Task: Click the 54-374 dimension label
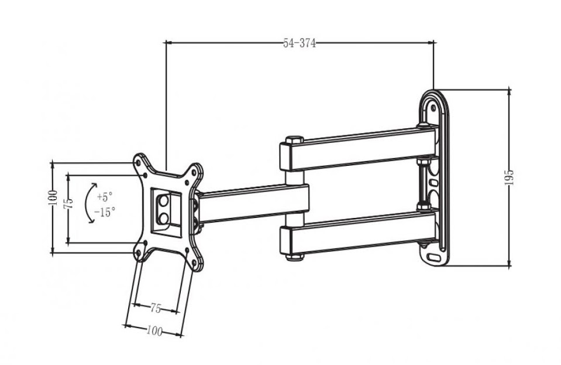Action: [x=300, y=43]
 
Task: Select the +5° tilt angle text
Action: [x=105, y=197]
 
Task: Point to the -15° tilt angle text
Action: [x=105, y=212]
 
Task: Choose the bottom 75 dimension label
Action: [x=155, y=308]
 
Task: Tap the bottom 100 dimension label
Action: [x=154, y=332]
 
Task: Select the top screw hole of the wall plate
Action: [x=433, y=108]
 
